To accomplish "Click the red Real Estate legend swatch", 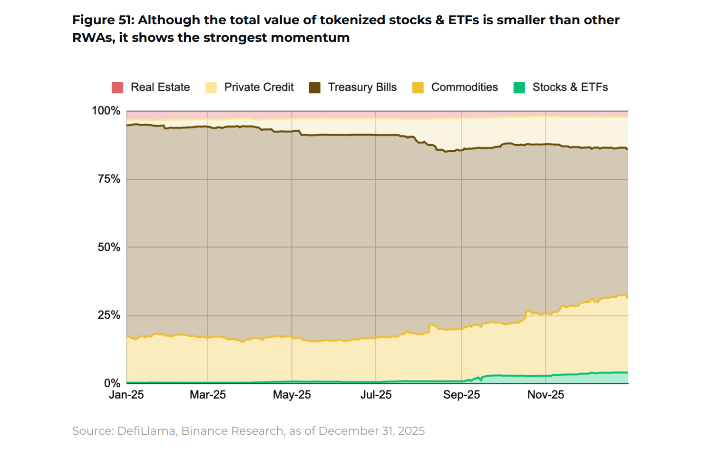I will pos(117,88).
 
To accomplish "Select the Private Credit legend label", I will pos(259,88).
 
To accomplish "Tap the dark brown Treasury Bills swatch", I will pos(314,88).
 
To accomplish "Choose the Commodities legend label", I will pos(464,88).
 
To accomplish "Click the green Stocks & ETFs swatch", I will pos(519,88).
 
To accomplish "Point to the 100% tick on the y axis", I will pos(106,111).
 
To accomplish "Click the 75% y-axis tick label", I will pos(109,179).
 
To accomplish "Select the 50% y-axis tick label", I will pos(109,247).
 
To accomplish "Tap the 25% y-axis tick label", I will pos(109,315).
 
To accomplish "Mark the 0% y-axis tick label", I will pos(112,383).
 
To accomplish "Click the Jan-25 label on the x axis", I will pos(126,395).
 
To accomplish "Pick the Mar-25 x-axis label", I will pos(208,395).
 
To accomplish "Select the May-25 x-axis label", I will pos(292,395).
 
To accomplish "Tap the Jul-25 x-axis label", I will pos(376,395).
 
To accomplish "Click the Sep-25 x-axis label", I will pos(461,395).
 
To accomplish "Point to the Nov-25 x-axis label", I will pos(545,395).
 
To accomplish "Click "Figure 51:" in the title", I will pos(103,20).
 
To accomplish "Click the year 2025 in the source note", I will pos(411,431).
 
